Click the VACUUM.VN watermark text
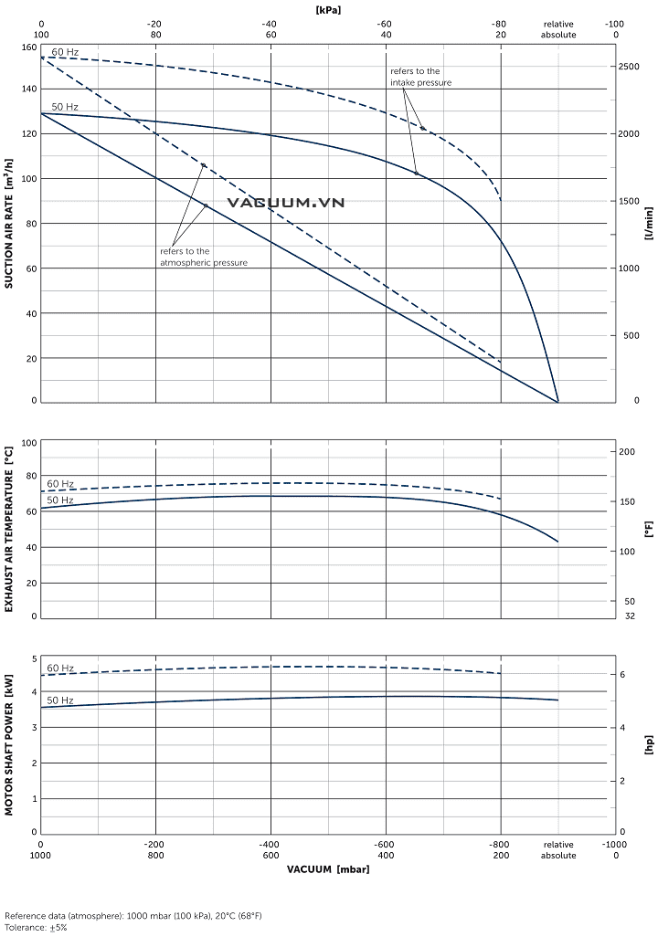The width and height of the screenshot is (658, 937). [285, 202]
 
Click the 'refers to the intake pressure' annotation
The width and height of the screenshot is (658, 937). [421, 77]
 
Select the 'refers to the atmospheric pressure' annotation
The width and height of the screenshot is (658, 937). [204, 257]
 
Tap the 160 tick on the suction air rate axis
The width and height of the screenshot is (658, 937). [28, 47]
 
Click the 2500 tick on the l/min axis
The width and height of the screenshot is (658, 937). [629, 67]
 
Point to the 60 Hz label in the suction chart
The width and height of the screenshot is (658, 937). [64, 52]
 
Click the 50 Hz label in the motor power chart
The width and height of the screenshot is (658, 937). [60, 700]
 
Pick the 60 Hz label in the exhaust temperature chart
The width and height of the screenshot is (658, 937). [60, 484]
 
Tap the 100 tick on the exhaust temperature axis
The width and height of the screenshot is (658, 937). [28, 443]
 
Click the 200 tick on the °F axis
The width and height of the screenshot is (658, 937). [627, 452]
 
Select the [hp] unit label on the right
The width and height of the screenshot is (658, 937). [649, 744]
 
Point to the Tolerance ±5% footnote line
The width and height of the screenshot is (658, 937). [36, 927]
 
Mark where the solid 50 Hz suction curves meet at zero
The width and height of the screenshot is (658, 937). [557, 401]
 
